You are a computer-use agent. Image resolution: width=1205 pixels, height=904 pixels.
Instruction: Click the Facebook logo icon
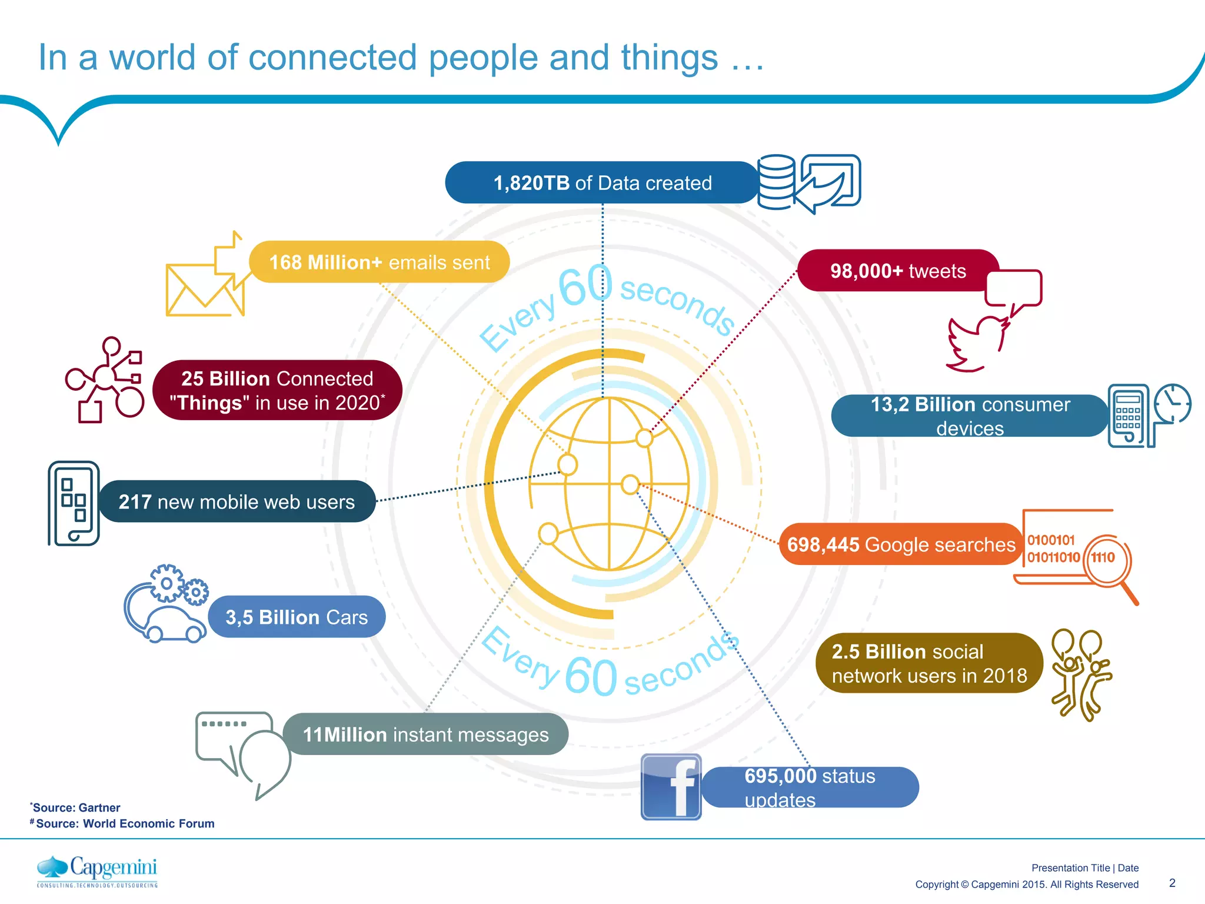tap(671, 787)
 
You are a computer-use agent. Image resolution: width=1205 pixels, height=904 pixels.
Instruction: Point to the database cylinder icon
tap(776, 182)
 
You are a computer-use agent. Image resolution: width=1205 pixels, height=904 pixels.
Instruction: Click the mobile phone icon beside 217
tap(74, 503)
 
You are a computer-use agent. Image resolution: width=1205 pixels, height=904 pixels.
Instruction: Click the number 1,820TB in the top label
tap(531, 183)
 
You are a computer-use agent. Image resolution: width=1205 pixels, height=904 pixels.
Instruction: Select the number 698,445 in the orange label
tap(823, 545)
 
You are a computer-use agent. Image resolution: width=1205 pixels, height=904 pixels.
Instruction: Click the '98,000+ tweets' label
tap(898, 271)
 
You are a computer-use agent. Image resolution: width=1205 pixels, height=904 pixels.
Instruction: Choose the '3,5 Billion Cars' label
tap(297, 617)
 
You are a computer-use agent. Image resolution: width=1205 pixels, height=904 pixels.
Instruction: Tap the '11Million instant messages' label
tap(425, 734)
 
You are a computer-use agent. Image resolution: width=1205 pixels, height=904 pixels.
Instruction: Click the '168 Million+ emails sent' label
tap(380, 262)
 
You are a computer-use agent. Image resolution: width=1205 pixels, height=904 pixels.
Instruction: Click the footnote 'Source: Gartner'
tap(76, 807)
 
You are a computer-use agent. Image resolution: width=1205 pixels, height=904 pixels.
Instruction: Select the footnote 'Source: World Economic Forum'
tap(125, 823)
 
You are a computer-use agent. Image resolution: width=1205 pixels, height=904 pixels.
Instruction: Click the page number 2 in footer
tap(1172, 883)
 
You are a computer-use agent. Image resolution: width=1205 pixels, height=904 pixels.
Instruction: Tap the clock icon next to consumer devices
tap(1172, 404)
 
